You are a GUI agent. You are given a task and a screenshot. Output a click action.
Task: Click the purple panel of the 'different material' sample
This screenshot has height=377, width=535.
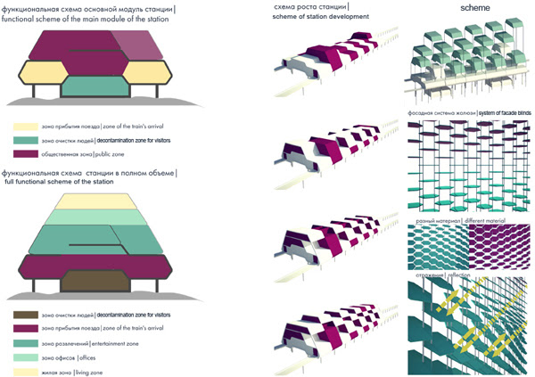coord(498,243)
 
